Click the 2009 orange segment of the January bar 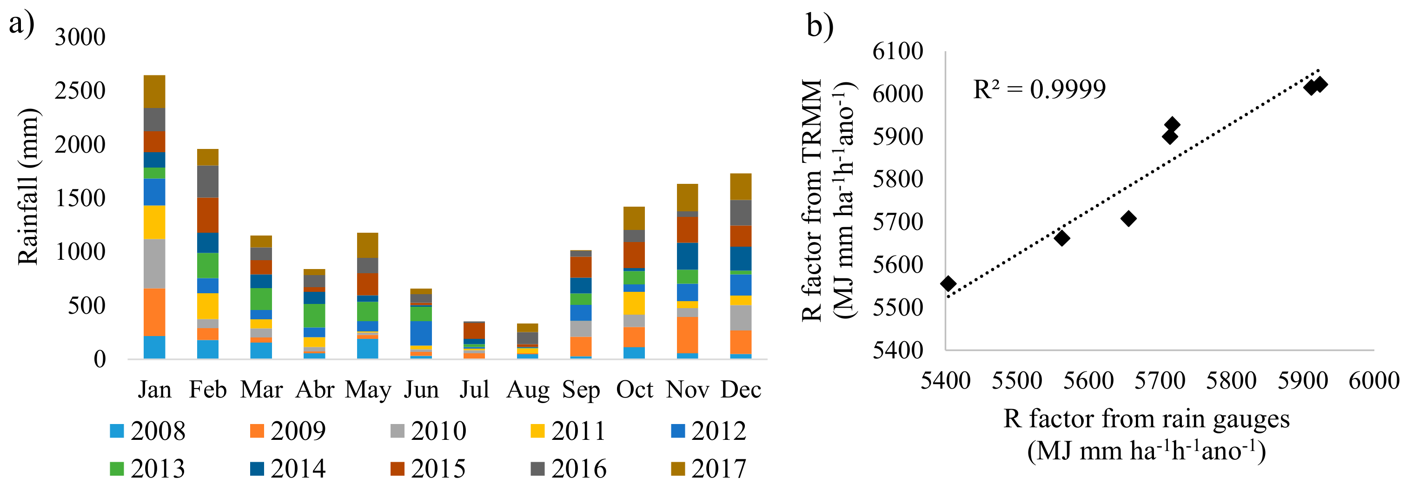pyautogui.click(x=154, y=312)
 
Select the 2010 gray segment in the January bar pyautogui.click(x=154, y=263)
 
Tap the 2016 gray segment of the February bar pyautogui.click(x=207, y=182)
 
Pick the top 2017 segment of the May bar pyautogui.click(x=367, y=245)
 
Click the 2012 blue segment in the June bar pyautogui.click(x=421, y=333)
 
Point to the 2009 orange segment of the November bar pyautogui.click(x=687, y=335)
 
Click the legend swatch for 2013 pyautogui.click(x=117, y=469)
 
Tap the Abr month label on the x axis pyautogui.click(x=314, y=390)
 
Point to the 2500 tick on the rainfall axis pyautogui.click(x=80, y=91)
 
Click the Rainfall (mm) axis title pyautogui.click(x=28, y=187)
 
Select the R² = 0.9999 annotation pyautogui.click(x=1039, y=89)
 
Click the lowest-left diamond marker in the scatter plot pyautogui.click(x=948, y=283)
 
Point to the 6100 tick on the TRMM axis pyautogui.click(x=897, y=51)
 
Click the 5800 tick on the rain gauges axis pyautogui.click(x=1231, y=381)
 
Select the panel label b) pyautogui.click(x=820, y=26)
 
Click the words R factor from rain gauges pyautogui.click(x=1146, y=419)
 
